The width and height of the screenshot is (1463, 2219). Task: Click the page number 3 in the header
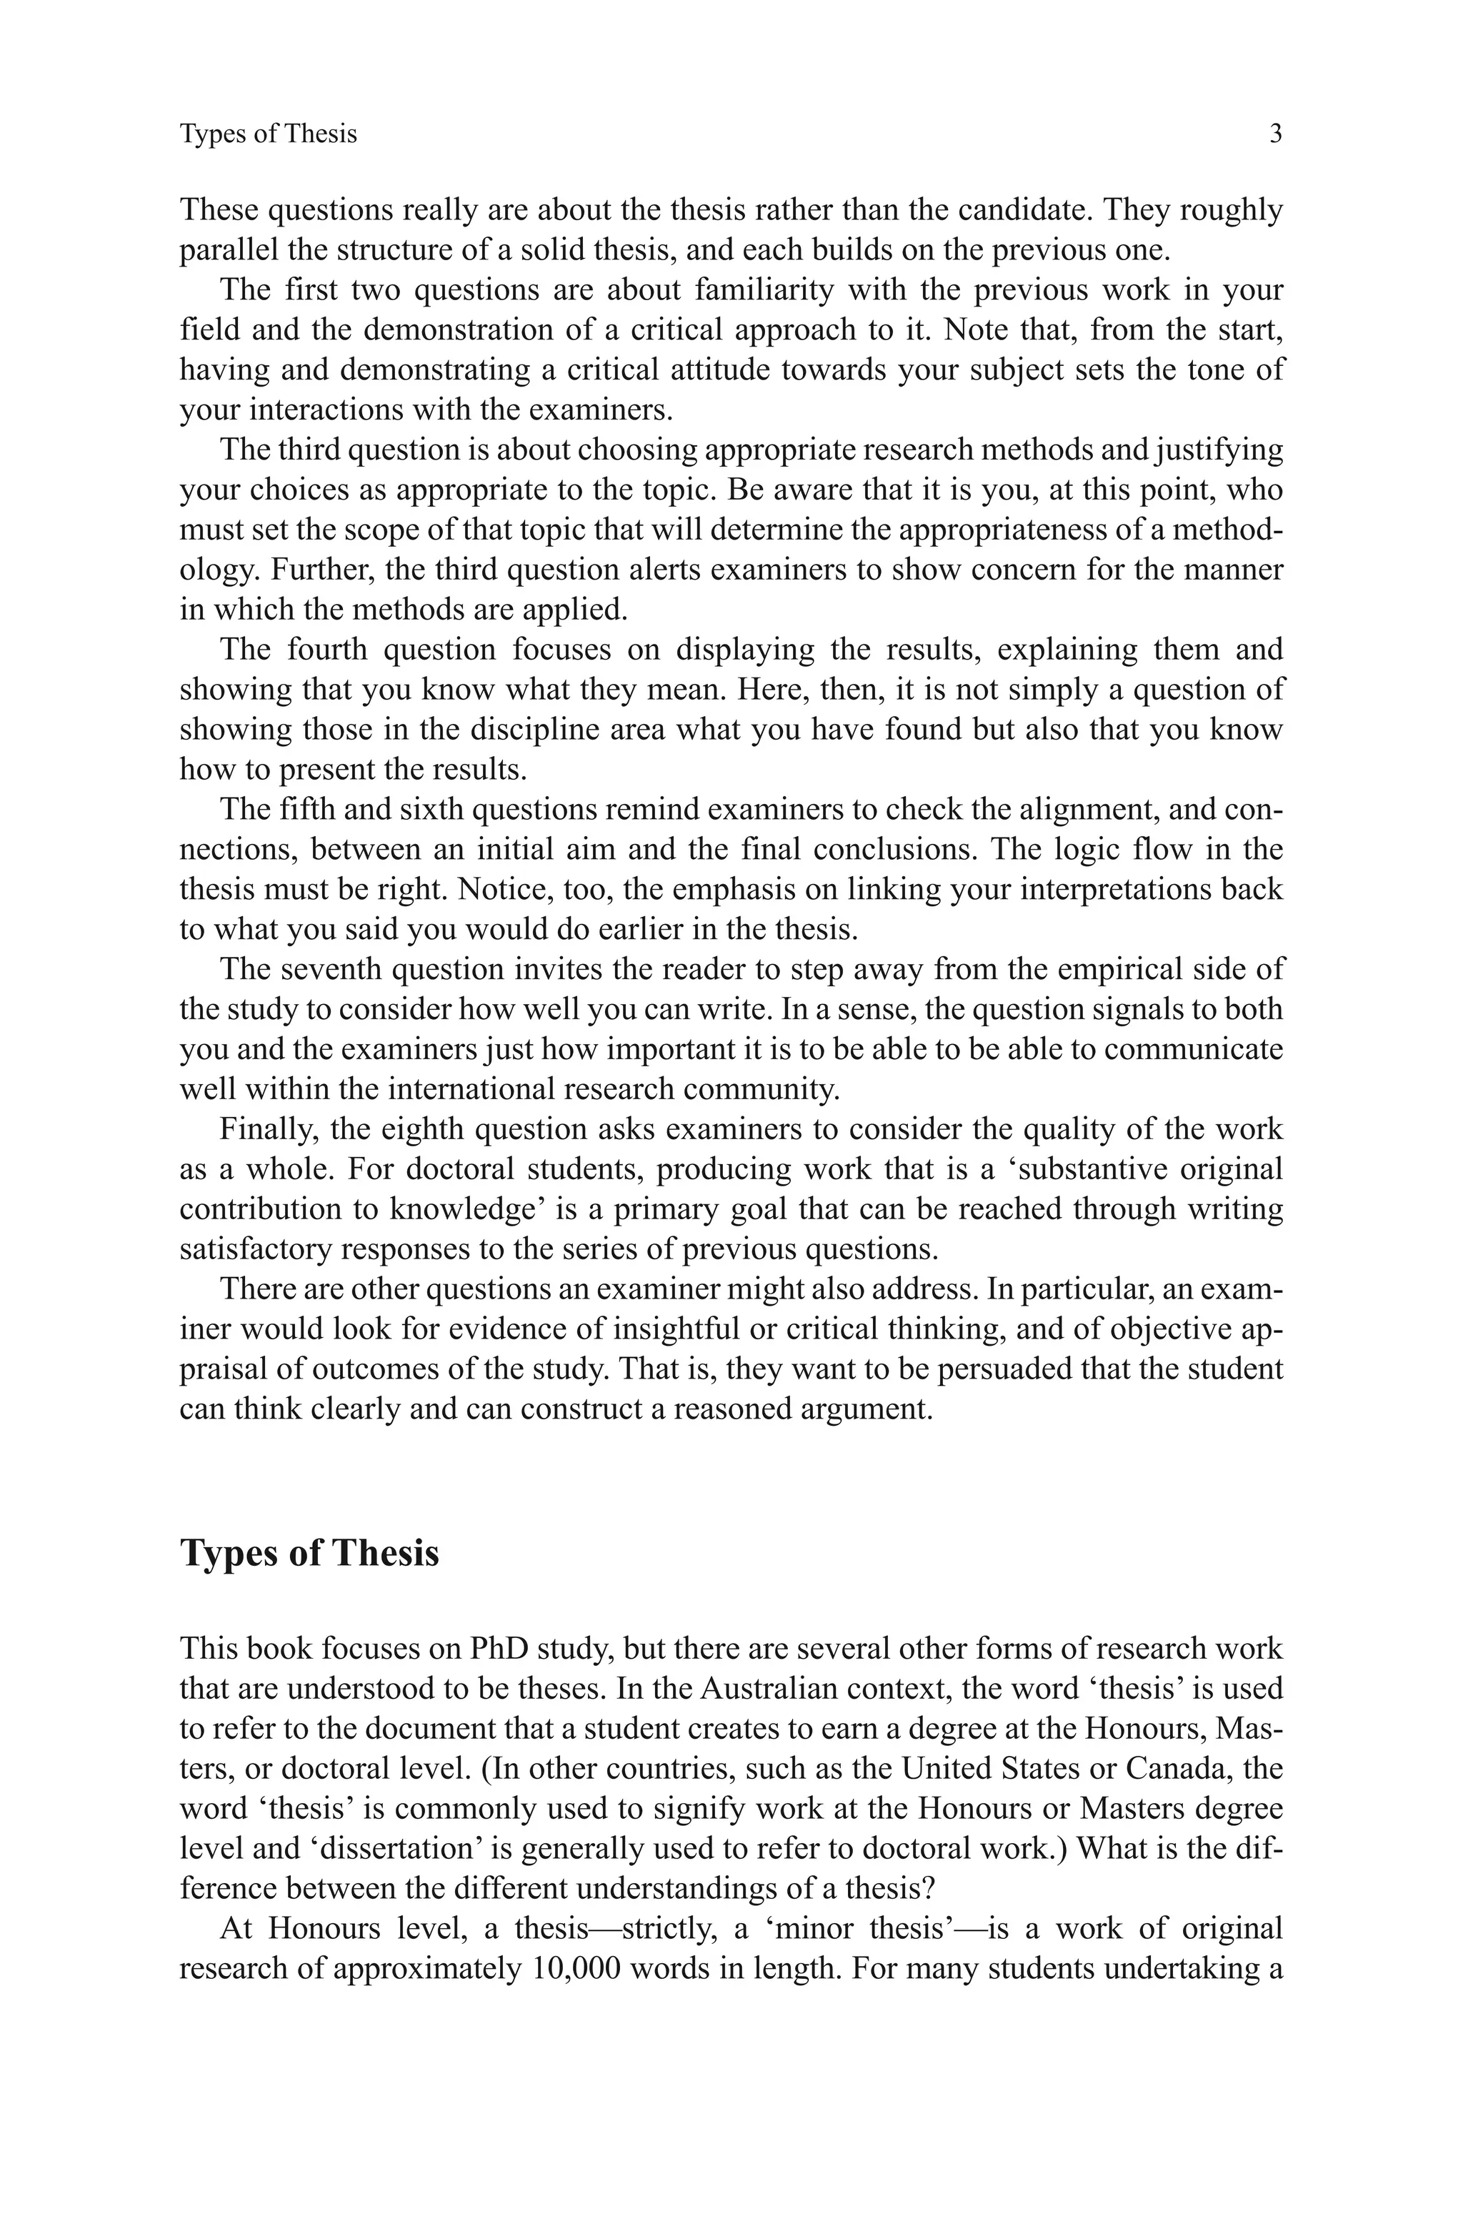click(1275, 134)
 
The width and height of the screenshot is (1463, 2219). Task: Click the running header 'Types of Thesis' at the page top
click(268, 134)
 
